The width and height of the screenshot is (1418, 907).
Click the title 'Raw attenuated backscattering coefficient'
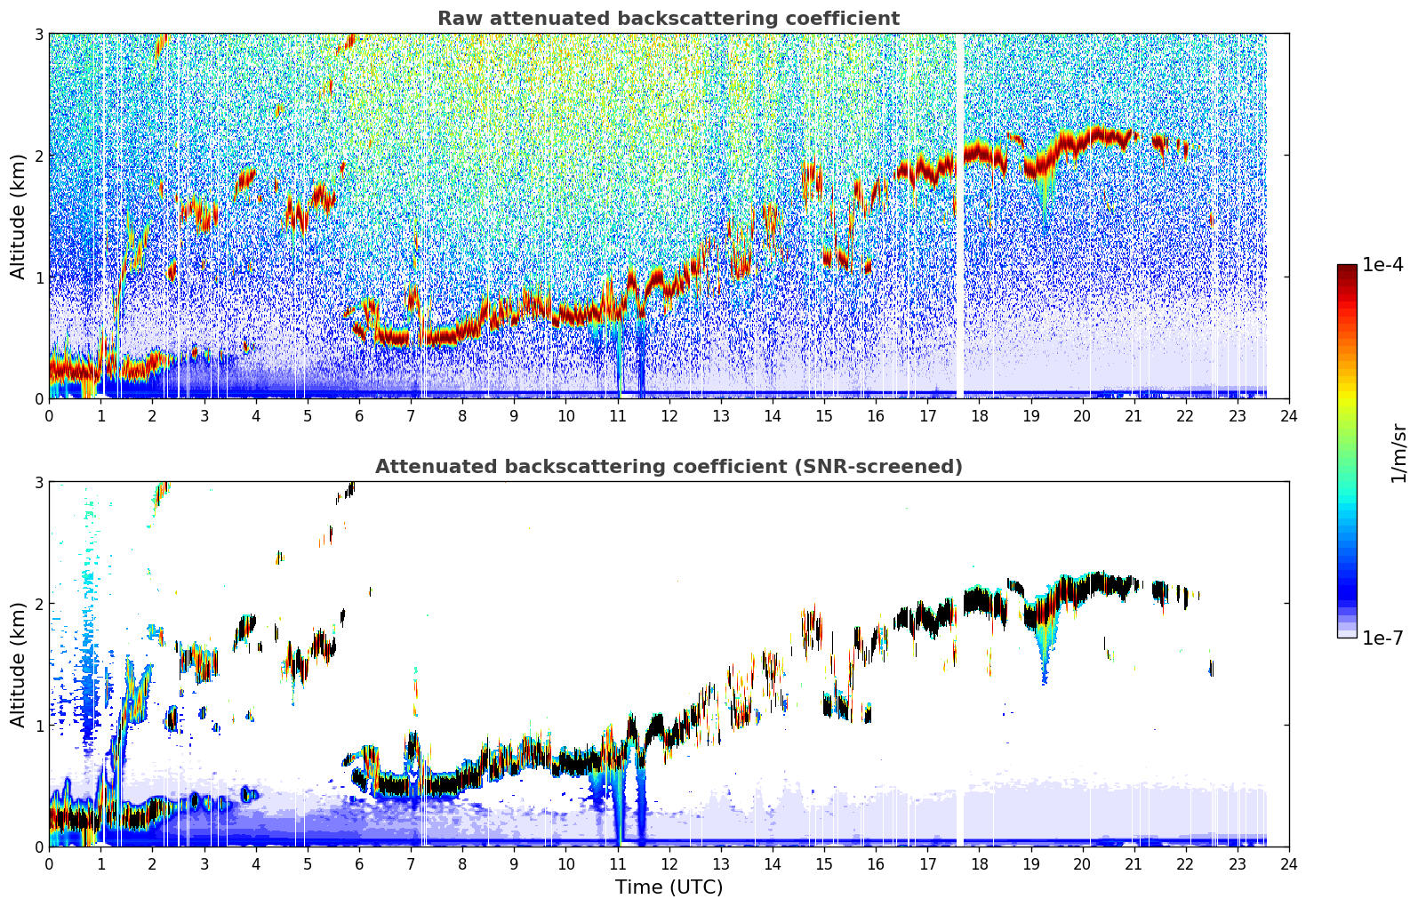[669, 19]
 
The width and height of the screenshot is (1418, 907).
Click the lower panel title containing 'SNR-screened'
[669, 466]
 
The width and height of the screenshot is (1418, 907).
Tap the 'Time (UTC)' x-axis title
[669, 887]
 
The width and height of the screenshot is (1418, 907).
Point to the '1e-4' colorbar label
[1382, 264]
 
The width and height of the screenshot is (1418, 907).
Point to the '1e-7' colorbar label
[1382, 638]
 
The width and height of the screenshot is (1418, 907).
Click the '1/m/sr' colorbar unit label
[1398, 454]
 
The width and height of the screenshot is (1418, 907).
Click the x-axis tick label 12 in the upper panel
[669, 416]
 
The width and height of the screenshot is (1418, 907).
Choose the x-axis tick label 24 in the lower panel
[1289, 864]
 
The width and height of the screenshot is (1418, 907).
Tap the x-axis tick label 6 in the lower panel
[359, 864]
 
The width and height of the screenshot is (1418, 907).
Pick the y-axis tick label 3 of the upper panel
[38, 34]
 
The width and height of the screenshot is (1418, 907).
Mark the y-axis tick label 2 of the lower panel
[38, 604]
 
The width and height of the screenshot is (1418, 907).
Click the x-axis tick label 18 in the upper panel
[980, 416]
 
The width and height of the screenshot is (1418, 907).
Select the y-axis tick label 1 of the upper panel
[38, 277]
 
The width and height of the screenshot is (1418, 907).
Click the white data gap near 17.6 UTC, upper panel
[959, 215]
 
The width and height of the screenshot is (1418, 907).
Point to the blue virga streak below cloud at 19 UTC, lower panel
[1044, 653]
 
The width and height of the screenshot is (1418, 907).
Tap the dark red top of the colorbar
[1347, 269]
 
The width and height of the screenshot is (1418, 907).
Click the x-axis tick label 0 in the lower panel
[50, 864]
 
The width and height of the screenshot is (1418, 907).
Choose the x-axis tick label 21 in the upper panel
[1134, 416]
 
